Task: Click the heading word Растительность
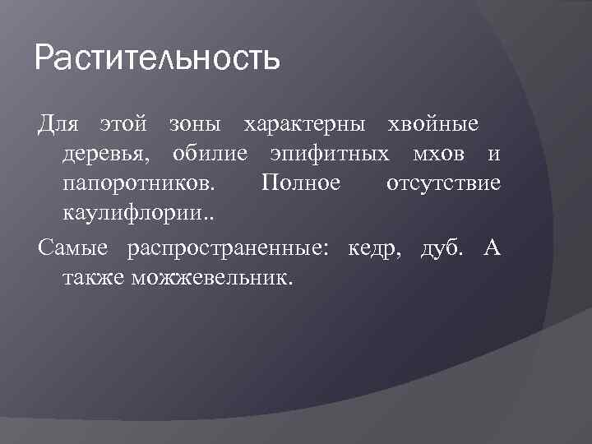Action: coord(158,60)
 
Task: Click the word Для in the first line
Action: coord(58,124)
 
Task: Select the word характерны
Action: coord(303,124)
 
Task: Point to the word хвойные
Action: coord(433,124)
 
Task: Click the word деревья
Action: coord(108,154)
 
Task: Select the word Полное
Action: coord(299,183)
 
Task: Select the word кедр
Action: coord(375,248)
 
